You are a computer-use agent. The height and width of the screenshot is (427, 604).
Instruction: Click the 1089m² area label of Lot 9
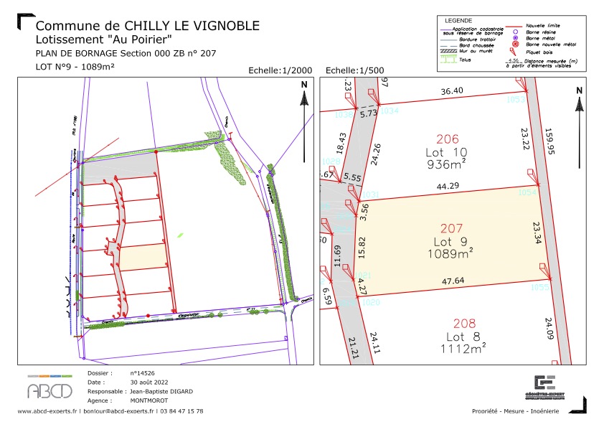click(450, 253)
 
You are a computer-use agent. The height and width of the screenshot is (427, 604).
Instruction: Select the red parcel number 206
click(447, 139)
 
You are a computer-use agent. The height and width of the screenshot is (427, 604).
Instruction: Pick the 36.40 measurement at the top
click(451, 91)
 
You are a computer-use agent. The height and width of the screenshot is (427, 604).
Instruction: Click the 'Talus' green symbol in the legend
click(448, 60)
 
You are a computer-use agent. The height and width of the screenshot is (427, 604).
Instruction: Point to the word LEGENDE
click(460, 20)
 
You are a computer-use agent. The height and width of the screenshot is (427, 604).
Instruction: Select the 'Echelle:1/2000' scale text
click(280, 71)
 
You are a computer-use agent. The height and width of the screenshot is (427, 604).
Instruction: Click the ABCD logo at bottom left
click(49, 388)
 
